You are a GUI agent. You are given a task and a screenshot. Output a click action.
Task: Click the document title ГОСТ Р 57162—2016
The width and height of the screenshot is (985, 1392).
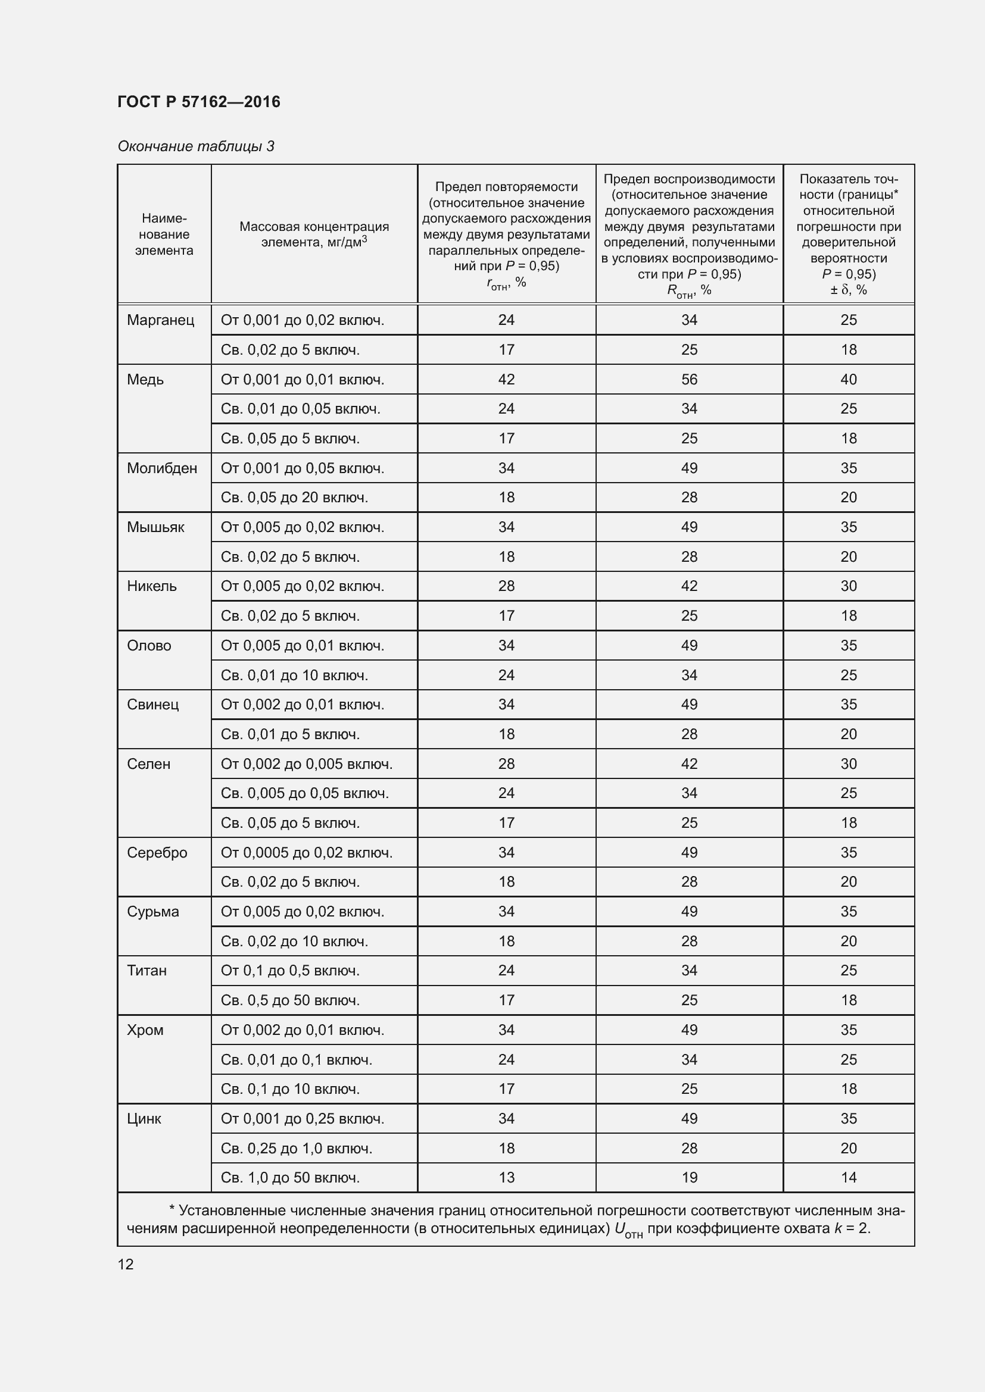point(199,102)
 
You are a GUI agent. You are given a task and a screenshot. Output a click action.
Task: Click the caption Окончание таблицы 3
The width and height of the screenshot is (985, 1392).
point(196,146)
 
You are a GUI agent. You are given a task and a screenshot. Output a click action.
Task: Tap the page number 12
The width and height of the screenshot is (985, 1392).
point(126,1264)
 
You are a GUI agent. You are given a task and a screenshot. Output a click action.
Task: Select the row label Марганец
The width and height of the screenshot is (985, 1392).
point(161,320)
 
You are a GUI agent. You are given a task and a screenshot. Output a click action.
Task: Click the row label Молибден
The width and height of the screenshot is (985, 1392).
point(162,468)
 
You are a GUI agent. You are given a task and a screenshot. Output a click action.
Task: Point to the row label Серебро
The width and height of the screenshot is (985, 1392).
point(157,852)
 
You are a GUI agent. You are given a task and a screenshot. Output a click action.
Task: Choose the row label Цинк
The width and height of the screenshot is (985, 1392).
point(144,1119)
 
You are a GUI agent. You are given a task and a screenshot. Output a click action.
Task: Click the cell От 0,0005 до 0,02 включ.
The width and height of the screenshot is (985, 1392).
point(306,852)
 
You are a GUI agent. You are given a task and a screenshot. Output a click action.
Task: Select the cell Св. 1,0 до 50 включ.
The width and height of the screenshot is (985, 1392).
point(290,1177)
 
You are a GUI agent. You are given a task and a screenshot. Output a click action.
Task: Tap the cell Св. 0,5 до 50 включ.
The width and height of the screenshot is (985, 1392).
point(290,1000)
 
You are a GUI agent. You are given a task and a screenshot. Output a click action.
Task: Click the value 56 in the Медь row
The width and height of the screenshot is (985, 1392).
point(689,380)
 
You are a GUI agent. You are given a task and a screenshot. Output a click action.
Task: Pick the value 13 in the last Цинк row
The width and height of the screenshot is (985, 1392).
point(506,1177)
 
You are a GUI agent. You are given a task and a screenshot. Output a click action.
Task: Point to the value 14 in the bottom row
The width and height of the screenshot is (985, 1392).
point(849,1177)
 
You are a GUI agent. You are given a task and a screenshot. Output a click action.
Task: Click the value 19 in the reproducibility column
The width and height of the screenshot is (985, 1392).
point(689,1177)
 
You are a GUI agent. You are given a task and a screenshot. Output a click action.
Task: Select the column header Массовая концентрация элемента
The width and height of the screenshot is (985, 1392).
point(314,234)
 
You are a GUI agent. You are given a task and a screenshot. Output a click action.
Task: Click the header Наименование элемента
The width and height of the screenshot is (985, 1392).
point(164,234)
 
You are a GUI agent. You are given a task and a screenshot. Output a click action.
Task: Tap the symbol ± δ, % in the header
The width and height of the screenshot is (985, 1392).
point(849,290)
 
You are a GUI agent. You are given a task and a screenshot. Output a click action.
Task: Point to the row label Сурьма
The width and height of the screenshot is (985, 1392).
point(153,912)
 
